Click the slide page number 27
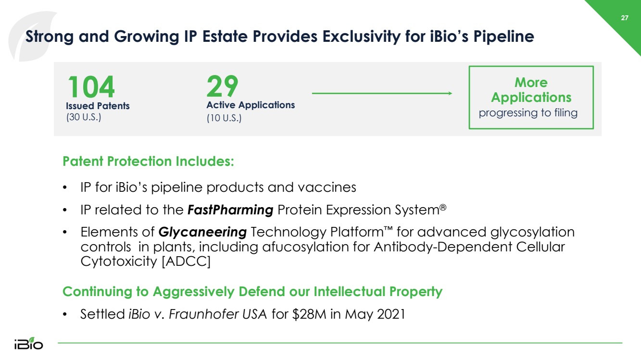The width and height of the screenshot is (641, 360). [625, 18]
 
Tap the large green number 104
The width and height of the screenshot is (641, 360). [91, 87]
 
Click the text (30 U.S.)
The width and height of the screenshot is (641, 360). [84, 117]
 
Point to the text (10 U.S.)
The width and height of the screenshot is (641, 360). [224, 118]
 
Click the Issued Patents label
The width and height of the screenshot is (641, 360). [98, 106]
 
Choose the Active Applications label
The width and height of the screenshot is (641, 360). [251, 105]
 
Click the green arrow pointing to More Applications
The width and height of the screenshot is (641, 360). [382, 93]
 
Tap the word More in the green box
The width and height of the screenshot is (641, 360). [531, 82]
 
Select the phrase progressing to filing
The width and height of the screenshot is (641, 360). [528, 112]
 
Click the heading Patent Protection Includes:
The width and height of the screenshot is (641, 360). [148, 161]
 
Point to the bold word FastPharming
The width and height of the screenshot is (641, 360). [230, 210]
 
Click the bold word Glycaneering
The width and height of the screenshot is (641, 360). [202, 232]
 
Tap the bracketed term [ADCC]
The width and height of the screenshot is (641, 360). [186, 261]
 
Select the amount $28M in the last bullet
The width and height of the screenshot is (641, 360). [309, 314]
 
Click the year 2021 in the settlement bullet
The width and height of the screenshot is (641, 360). [391, 314]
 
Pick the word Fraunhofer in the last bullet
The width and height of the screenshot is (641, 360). [203, 314]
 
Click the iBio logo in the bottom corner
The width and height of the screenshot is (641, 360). [28, 343]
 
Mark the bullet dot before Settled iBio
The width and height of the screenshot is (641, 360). [64, 314]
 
